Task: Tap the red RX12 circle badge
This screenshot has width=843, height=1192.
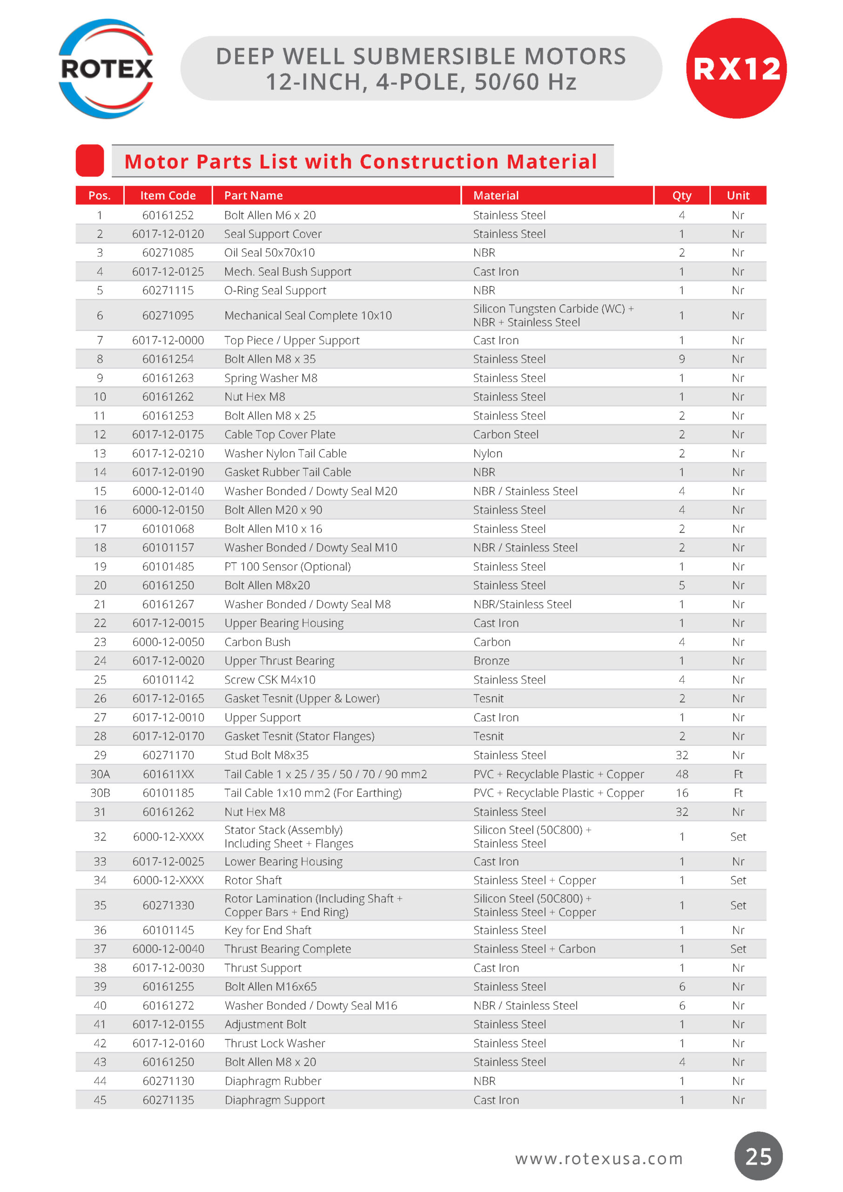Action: [736, 68]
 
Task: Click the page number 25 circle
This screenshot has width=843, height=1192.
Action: [758, 1157]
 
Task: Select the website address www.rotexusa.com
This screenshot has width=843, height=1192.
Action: [599, 1158]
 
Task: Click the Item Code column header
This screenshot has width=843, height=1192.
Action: [168, 195]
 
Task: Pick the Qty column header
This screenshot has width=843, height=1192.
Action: [681, 195]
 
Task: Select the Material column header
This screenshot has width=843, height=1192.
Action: [496, 195]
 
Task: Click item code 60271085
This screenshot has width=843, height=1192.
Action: [168, 253]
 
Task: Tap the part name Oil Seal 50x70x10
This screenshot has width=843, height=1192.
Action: [270, 253]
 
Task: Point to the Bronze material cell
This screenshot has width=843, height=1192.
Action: [491, 661]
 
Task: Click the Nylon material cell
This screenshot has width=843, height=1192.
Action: [487, 454]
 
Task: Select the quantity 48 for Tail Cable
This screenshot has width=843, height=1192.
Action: [681, 774]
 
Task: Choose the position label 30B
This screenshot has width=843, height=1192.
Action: [100, 793]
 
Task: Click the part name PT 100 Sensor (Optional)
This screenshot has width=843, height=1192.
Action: [287, 566]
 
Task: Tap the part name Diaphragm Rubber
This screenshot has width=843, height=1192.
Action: [273, 1081]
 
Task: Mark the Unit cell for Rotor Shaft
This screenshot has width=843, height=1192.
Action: [738, 880]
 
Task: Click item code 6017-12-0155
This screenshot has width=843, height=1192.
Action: [168, 1024]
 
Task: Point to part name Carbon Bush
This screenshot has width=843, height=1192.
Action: [257, 642]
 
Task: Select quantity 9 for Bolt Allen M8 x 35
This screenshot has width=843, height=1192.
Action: [681, 359]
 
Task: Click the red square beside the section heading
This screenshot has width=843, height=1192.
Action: [90, 161]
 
